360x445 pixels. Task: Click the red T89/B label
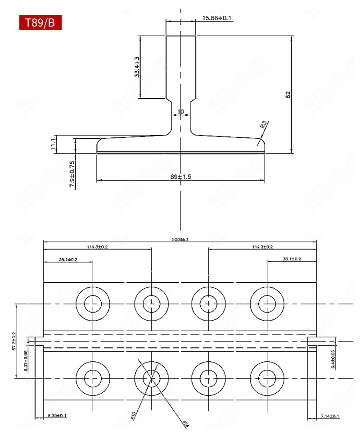pos(40,23)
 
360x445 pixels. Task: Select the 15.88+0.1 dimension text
pos(217,18)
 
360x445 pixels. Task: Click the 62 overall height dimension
pos(288,95)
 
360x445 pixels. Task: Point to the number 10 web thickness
pos(181,112)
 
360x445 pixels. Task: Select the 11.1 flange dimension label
pos(53,144)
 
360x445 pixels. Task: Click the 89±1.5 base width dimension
pos(181,177)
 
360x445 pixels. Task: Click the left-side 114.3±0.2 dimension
pos(98,247)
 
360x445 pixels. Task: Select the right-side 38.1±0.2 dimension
pos(292,259)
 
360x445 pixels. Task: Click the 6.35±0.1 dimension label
pos(56,415)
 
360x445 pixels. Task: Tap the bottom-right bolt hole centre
pos(267,377)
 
